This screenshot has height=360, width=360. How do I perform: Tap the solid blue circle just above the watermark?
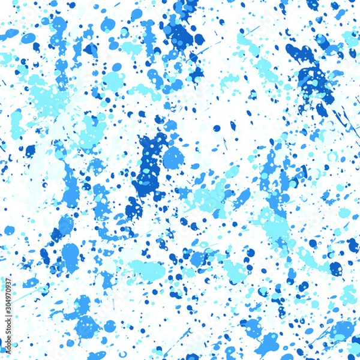point(9,230)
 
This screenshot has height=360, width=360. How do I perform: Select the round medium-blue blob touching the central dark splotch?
point(173,158)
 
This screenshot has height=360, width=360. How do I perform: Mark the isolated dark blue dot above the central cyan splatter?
point(217,128)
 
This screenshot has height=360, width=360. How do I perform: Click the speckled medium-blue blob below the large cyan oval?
point(88,327)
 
